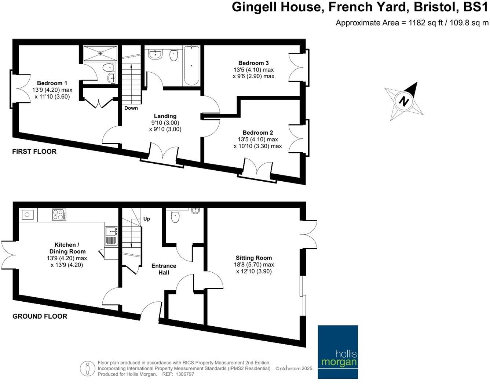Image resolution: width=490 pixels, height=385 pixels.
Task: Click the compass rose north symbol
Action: (x=404, y=101)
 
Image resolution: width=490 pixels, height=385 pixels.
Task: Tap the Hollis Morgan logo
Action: (x=337, y=352)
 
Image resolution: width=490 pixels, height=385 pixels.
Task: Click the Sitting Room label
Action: (x=254, y=258)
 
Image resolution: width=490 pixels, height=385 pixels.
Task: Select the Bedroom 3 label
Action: (x=253, y=63)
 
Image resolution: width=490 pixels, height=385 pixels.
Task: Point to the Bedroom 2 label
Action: (x=258, y=133)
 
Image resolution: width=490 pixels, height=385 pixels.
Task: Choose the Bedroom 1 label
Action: (x=52, y=83)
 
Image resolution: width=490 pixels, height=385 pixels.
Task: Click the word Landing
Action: (x=165, y=116)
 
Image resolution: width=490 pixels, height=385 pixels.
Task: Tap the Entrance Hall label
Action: (x=164, y=269)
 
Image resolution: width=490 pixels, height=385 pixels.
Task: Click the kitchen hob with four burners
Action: (x=59, y=215)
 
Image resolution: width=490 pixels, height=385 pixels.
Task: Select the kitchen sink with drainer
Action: (x=111, y=236)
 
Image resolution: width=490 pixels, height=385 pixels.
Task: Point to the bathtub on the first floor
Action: (x=191, y=65)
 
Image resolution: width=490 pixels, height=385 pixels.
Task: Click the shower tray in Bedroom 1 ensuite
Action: (x=100, y=53)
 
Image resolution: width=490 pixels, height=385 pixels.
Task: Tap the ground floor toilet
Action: (x=175, y=216)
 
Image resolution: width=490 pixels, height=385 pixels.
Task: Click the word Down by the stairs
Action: (x=131, y=108)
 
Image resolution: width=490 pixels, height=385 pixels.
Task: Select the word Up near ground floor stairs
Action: (x=147, y=219)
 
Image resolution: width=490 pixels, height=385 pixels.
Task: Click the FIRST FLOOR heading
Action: (x=34, y=152)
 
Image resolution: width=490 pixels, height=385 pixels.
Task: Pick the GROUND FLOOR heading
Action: (x=40, y=316)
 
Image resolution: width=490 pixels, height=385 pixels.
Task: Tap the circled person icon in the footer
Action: (x=87, y=368)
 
